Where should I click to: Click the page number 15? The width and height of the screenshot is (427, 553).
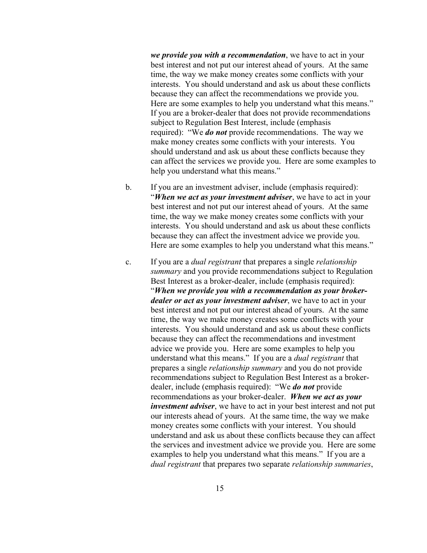[x=219, y=488]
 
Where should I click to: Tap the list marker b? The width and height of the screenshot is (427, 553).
[x=129, y=187]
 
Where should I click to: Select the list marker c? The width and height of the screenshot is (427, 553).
[x=129, y=262]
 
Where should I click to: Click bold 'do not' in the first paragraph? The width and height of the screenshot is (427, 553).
[x=216, y=132]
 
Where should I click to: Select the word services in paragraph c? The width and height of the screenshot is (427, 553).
[x=177, y=445]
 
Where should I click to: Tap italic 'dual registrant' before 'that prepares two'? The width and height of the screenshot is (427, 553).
[x=176, y=464]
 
